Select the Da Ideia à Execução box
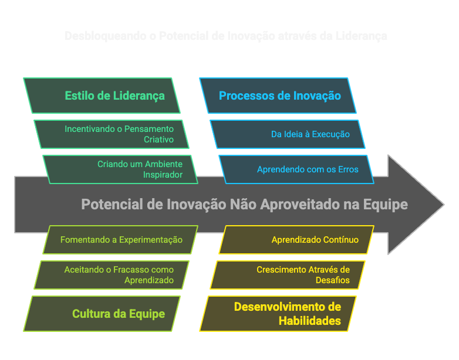[x=288, y=134]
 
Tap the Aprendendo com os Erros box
[x=296, y=169]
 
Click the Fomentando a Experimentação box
[x=121, y=240]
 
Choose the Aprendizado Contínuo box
[x=296, y=240]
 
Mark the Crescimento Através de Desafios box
[x=288, y=275]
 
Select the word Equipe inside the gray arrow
[x=387, y=205]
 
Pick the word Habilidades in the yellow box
[x=309, y=321]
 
